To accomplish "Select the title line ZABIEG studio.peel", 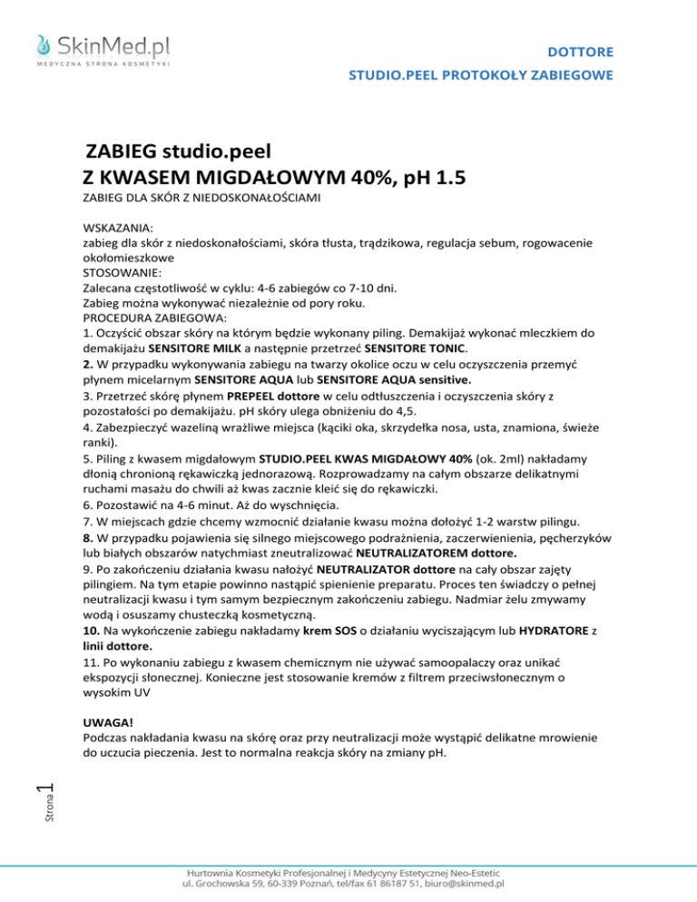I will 179,151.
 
